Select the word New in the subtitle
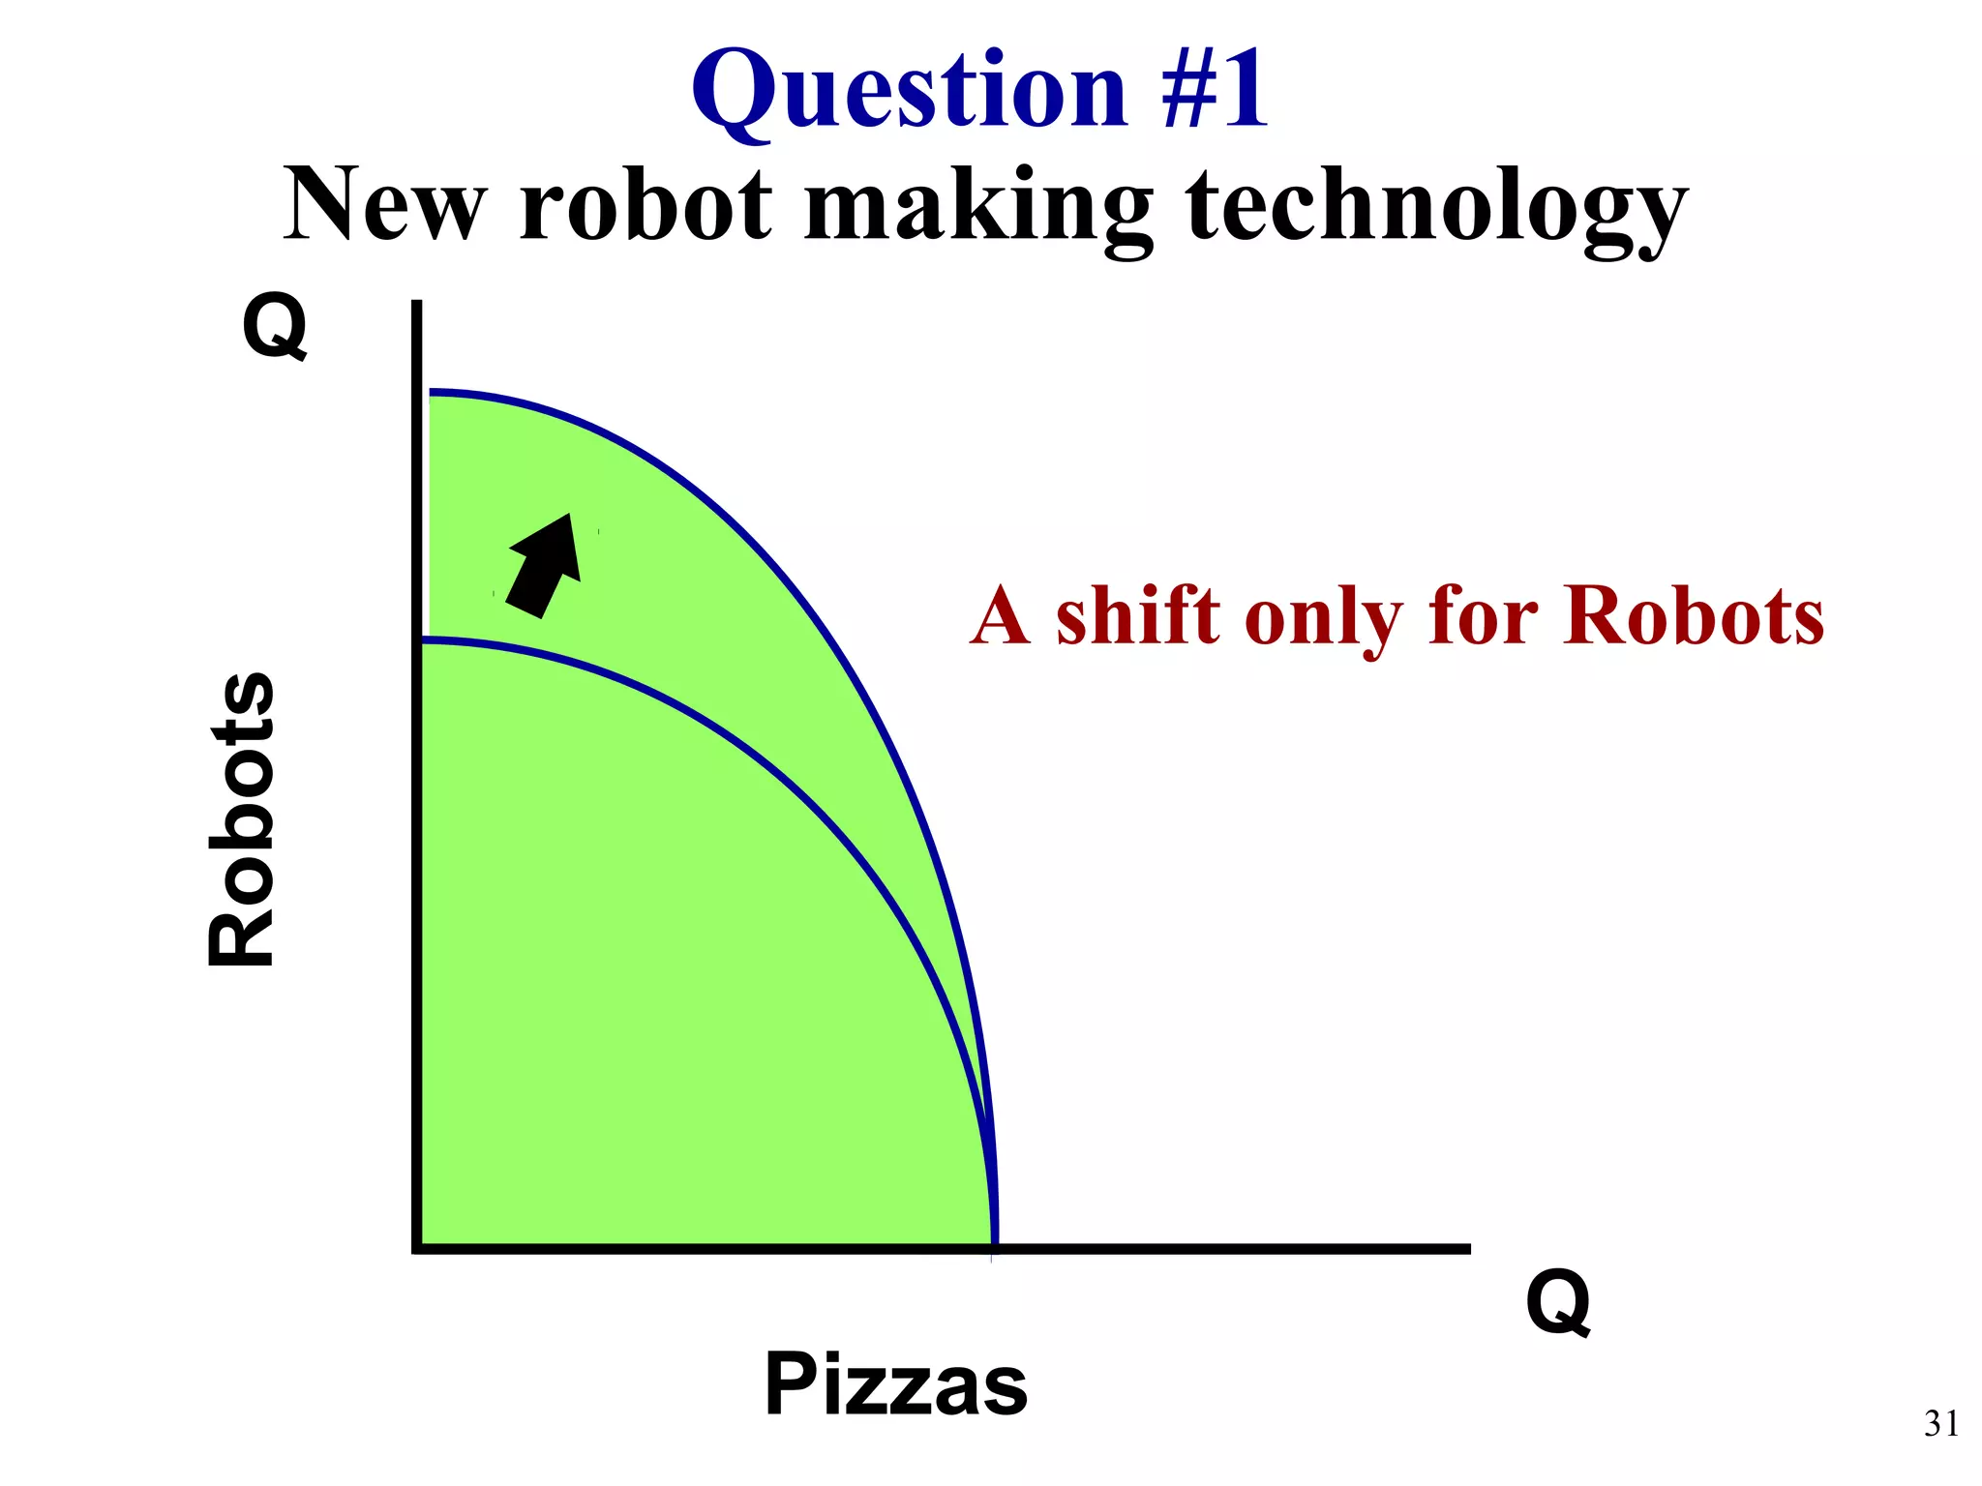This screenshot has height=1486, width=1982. pos(385,205)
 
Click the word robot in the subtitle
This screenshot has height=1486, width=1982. pos(646,205)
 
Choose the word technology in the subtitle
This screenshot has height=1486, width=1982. pos(1436,208)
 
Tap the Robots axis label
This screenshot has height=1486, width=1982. pos(242,818)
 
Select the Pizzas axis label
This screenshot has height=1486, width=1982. pos(895,1384)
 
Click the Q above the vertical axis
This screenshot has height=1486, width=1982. pos(276,326)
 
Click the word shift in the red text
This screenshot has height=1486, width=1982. pos(1138,616)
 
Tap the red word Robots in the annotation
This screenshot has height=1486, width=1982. pos(1694,616)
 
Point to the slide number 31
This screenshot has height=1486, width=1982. pos(1941,1423)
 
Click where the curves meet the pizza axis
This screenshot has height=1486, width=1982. pos(994,1247)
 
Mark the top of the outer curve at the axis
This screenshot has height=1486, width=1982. pos(432,393)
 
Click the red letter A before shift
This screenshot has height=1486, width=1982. pos(1000,616)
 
